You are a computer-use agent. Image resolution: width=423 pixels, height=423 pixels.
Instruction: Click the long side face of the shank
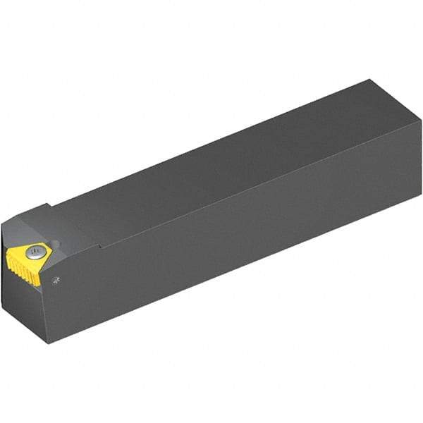[x=247, y=233]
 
